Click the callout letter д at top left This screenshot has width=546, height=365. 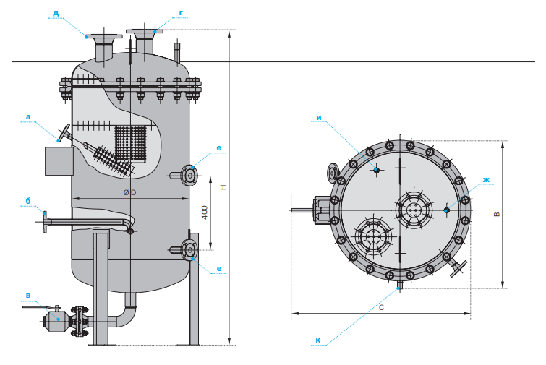coord(56,13)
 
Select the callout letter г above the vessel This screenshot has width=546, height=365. coord(181,13)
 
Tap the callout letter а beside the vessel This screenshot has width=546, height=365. coord(28,117)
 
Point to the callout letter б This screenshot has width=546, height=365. coord(28,201)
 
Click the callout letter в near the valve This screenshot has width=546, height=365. coord(28,296)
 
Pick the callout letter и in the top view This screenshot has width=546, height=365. coord(319,118)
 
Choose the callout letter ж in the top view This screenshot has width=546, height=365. coord(487,179)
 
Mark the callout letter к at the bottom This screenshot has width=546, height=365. coord(318,340)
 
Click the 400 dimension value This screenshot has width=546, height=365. coord(205,212)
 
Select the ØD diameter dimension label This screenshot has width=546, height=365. coord(129,192)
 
